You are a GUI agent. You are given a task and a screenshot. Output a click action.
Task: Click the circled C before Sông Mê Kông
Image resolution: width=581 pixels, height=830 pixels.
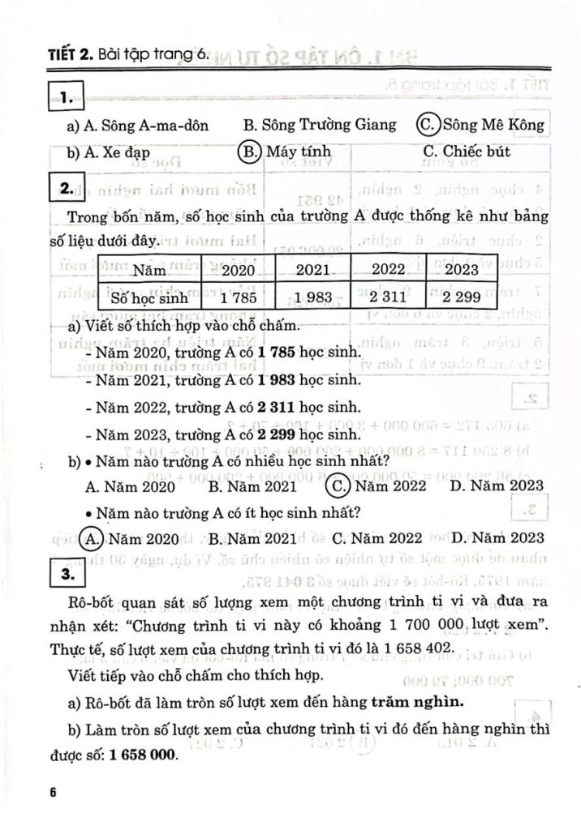pyautogui.click(x=428, y=125)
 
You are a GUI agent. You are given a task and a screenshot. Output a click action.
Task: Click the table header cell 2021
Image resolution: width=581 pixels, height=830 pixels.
pyautogui.click(x=312, y=269)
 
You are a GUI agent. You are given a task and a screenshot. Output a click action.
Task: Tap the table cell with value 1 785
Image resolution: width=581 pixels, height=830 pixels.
pyautogui.click(x=239, y=298)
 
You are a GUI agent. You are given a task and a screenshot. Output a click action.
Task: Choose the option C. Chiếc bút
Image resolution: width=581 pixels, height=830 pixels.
pyautogui.click(x=466, y=152)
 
